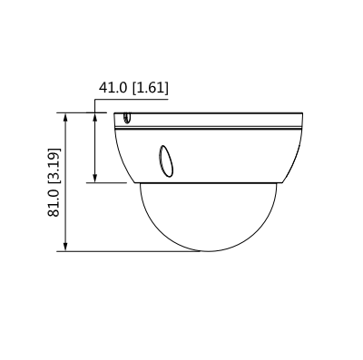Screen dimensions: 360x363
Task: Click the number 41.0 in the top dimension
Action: click(x=113, y=89)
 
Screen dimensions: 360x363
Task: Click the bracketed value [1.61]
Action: click(x=149, y=89)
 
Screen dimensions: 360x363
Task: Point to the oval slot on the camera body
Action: click(x=166, y=161)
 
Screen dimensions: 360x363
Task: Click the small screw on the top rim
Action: click(x=126, y=117)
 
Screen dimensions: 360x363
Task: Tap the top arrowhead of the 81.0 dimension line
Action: click(x=65, y=116)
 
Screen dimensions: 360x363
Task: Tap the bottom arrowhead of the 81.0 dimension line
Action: click(x=65, y=248)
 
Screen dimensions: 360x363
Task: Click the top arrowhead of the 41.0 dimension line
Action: click(x=96, y=116)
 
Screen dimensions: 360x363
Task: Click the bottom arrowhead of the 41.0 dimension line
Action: click(x=96, y=179)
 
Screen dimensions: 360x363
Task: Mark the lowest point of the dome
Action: click(x=201, y=251)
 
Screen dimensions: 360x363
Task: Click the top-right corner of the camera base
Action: click(x=300, y=112)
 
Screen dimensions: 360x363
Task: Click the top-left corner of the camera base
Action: click(x=115, y=112)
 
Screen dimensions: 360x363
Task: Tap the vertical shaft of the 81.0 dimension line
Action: click(x=65, y=181)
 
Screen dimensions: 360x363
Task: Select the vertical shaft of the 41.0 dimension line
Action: click(x=96, y=148)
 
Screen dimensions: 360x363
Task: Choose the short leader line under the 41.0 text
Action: click(x=132, y=97)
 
